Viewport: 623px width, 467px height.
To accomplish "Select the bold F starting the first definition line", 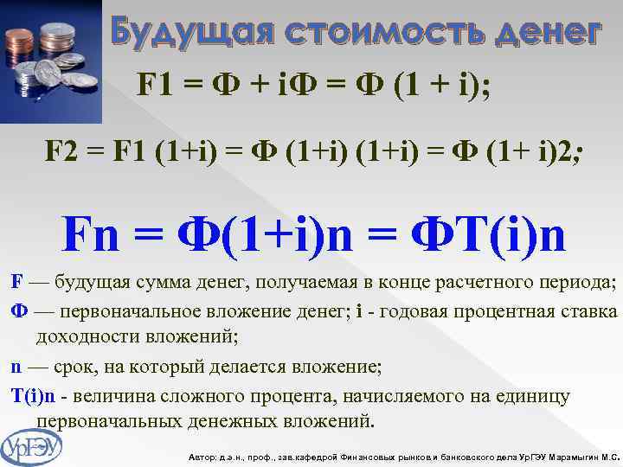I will pos(16,282).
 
